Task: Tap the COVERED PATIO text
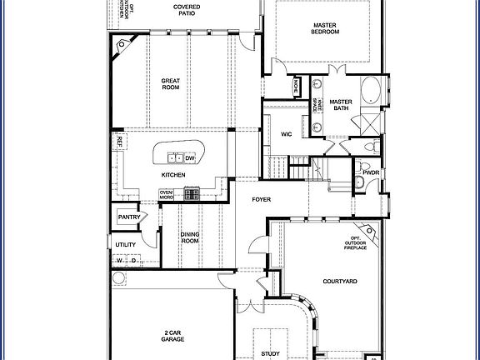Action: pos(186,11)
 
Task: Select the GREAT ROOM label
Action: pos(171,83)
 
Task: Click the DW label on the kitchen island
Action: pos(190,157)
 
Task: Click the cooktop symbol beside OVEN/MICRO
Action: pos(192,194)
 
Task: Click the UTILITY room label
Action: pos(125,244)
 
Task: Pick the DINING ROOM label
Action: pos(190,237)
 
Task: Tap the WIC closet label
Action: pos(286,133)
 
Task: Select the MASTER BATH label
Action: pos(341,105)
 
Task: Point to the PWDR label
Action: pos(371,172)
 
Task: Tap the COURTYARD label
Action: pos(340,282)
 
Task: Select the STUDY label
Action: pos(270,354)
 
